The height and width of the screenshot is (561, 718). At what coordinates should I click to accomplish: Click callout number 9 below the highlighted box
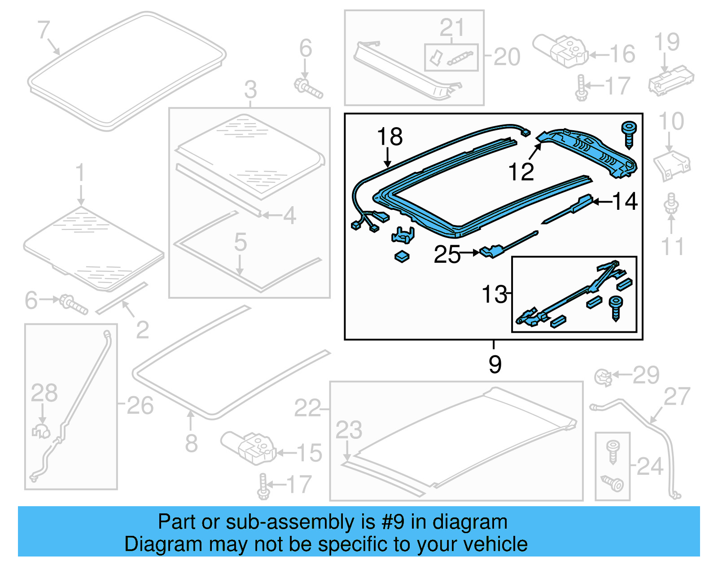495,364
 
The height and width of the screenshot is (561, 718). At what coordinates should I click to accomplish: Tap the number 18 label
390,137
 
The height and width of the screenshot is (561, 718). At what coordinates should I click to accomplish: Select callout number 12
521,172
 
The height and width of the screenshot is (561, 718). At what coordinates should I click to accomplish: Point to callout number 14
625,201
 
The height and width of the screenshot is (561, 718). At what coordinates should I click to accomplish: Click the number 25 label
447,255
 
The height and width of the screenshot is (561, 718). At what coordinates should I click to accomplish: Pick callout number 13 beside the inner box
494,295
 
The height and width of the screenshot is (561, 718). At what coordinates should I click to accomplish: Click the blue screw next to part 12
629,134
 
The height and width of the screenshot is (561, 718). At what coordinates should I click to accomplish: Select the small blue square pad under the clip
402,257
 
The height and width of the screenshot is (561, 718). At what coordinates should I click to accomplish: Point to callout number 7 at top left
43,30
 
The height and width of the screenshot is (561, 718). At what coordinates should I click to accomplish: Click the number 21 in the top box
451,28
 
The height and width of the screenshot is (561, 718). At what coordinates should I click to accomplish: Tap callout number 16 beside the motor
622,54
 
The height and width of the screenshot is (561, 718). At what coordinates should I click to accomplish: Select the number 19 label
667,42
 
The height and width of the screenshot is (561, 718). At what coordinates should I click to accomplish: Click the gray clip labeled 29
604,377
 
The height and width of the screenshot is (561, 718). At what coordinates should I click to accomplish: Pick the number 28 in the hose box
44,393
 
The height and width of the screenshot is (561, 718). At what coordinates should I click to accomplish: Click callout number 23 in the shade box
349,430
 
